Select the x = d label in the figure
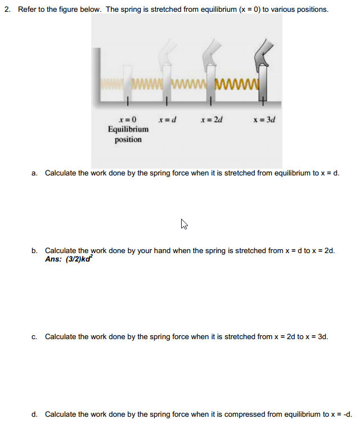click(168, 119)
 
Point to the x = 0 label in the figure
click(128, 119)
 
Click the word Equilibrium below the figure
click(128, 129)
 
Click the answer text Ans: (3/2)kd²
click(69, 259)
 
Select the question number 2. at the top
click(7, 10)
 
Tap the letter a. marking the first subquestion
click(34, 173)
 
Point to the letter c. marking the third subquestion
click(34, 337)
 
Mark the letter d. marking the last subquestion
click(34, 415)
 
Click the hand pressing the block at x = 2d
click(211, 56)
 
